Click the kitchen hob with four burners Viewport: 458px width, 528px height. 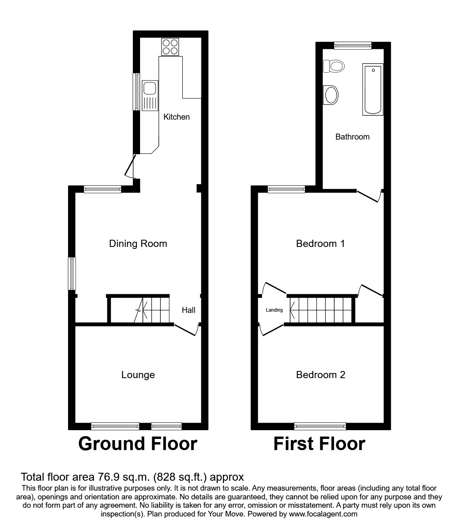click(x=170, y=47)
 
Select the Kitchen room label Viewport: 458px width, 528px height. click(x=177, y=117)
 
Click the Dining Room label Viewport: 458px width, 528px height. click(x=138, y=243)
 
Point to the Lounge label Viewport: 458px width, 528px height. click(x=138, y=375)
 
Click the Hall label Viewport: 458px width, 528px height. click(x=189, y=310)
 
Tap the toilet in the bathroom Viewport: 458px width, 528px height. click(x=333, y=66)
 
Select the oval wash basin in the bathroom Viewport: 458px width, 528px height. click(x=331, y=95)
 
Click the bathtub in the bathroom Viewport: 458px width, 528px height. click(x=373, y=90)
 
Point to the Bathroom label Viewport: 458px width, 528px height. click(x=352, y=137)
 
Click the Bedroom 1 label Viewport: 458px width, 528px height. click(x=320, y=243)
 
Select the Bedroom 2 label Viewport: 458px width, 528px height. click(x=320, y=375)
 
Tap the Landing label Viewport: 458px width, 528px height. click(x=274, y=310)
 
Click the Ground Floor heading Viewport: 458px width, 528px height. click(x=138, y=443)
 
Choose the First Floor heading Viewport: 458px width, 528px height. click(x=319, y=443)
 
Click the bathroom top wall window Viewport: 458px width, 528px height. click(x=353, y=46)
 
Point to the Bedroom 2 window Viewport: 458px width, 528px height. click(x=320, y=426)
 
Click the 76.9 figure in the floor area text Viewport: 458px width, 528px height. click(x=106, y=477)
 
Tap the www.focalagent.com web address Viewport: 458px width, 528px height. click(x=323, y=514)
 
